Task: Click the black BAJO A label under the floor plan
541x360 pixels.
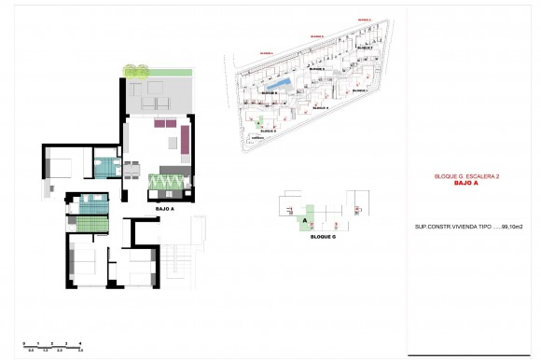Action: pyautogui.click(x=166, y=209)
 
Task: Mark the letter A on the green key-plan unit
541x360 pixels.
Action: pyautogui.click(x=305, y=219)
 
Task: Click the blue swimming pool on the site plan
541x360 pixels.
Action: pyautogui.click(x=289, y=88)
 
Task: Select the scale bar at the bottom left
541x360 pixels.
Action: pyautogui.click(x=54, y=347)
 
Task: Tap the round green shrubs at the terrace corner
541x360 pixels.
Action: pyautogui.click(x=136, y=71)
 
